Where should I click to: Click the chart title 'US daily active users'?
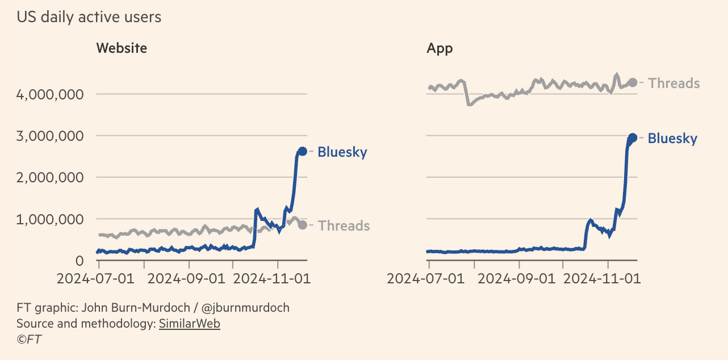(x=89, y=18)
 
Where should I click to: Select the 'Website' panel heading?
(x=122, y=48)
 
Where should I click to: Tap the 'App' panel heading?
(x=440, y=48)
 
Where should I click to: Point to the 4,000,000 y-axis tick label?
(x=51, y=94)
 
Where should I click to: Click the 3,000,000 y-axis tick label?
(x=51, y=136)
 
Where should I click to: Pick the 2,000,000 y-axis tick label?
(x=51, y=177)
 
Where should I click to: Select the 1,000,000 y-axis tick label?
(x=51, y=219)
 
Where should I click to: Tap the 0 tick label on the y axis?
(x=80, y=261)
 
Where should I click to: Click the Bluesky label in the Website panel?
(x=342, y=152)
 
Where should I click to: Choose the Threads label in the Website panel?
(x=344, y=226)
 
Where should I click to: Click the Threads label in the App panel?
(x=673, y=83)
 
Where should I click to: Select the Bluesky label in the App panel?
(x=672, y=139)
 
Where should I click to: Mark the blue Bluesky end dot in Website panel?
(x=303, y=151)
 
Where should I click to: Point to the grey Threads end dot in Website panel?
(x=303, y=225)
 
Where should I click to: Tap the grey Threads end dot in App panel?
(x=633, y=83)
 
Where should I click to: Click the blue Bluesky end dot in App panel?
(x=633, y=137)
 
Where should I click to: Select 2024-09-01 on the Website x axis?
(x=189, y=279)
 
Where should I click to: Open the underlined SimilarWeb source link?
(x=189, y=324)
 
